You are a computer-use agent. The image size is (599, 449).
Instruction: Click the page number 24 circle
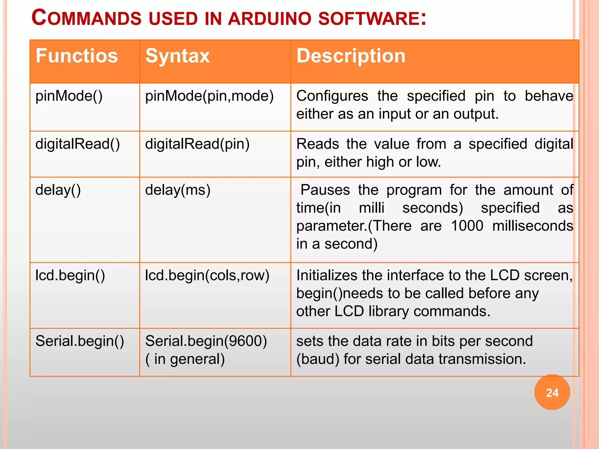point(552,392)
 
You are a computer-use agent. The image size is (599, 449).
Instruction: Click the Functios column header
point(77,56)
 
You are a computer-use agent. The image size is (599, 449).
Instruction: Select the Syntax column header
point(178,56)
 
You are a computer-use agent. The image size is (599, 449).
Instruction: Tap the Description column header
point(351,56)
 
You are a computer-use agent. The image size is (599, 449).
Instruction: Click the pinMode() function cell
point(69,96)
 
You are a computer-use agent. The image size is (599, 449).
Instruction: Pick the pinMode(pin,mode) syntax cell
point(209,96)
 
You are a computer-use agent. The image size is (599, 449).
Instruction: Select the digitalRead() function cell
point(78,144)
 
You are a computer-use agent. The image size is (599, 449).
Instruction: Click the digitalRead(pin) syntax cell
point(197,144)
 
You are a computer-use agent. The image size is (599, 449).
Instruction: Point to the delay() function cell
point(58,190)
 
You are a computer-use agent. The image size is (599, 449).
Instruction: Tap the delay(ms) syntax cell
point(178,190)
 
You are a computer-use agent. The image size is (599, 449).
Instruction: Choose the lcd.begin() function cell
point(70,275)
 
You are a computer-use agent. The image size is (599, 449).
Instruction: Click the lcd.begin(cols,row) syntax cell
point(207,275)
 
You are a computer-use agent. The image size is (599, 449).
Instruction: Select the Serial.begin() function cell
point(80,341)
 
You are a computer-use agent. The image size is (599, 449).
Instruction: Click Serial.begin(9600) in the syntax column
point(206,341)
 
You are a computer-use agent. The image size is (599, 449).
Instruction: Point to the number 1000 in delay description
point(467,226)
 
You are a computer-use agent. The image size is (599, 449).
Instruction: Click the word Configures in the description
point(332,96)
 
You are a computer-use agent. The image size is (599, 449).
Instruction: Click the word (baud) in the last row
point(318,359)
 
